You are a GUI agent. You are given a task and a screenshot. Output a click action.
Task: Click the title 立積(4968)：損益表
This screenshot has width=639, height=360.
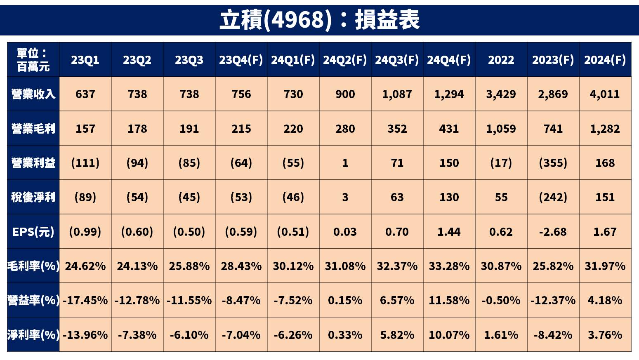pyautogui.click(x=319, y=20)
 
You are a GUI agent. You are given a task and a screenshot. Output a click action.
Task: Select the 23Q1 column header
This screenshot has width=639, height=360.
pyautogui.click(x=85, y=60)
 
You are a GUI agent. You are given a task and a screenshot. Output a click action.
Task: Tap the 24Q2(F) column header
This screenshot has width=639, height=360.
pyautogui.click(x=345, y=60)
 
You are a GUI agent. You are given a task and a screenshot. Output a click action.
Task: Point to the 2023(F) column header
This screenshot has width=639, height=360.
pyautogui.click(x=553, y=60)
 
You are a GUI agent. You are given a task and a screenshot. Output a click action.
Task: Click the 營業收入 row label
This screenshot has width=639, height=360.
pyautogui.click(x=33, y=94)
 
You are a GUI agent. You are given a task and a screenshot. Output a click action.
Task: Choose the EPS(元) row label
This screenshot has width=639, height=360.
pyautogui.click(x=33, y=232)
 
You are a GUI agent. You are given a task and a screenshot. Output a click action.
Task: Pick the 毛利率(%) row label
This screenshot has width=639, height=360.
pyautogui.click(x=33, y=266)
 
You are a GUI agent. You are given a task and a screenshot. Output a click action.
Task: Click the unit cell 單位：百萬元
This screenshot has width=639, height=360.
pyautogui.click(x=33, y=60)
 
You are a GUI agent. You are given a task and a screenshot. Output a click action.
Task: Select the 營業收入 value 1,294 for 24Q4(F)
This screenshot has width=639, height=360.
pyautogui.click(x=449, y=94)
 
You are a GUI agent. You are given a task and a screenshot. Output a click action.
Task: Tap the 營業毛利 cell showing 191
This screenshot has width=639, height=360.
pyautogui.click(x=189, y=129)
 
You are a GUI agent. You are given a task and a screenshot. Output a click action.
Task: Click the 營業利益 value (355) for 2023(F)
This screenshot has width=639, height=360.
pyautogui.click(x=553, y=163)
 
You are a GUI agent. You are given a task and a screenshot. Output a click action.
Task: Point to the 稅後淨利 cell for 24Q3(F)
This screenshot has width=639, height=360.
pyautogui.click(x=397, y=197)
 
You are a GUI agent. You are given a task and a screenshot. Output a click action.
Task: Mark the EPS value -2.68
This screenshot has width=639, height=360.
pyautogui.click(x=553, y=232)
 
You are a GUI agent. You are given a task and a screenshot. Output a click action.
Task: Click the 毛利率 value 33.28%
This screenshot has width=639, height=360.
pyautogui.click(x=449, y=266)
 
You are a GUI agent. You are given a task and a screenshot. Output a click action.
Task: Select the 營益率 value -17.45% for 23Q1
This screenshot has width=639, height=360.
pyautogui.click(x=85, y=300)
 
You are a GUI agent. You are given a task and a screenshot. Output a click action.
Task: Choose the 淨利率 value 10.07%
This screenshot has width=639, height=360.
pyautogui.click(x=449, y=334)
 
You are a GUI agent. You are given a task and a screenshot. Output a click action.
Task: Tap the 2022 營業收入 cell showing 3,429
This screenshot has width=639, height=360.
pyautogui.click(x=501, y=94)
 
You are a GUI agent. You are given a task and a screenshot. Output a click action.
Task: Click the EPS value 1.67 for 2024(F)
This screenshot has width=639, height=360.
pyautogui.click(x=605, y=232)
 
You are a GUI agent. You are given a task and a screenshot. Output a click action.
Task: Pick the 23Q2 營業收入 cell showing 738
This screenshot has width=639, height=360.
pyautogui.click(x=137, y=94)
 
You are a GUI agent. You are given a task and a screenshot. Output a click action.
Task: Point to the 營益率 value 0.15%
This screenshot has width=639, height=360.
pyautogui.click(x=345, y=300)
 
